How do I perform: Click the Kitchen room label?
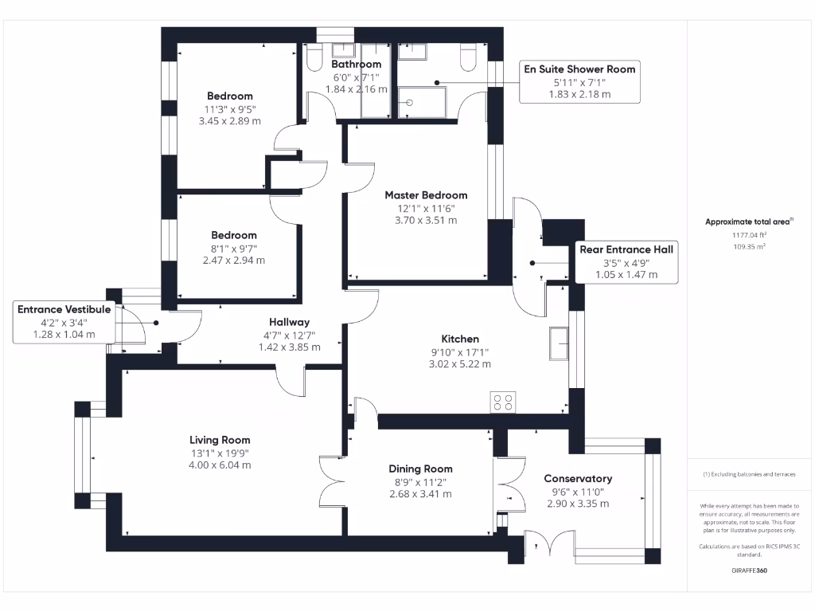[460, 339]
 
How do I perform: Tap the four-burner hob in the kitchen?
[502, 402]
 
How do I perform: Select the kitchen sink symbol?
[557, 343]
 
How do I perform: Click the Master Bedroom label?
[426, 194]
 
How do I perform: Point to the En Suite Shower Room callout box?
[579, 81]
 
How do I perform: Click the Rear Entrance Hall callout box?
[626, 261]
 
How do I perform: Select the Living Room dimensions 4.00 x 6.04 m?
[220, 465]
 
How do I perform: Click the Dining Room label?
[420, 469]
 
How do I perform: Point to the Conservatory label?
[578, 478]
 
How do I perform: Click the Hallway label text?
[289, 322]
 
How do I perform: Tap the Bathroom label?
[356, 64]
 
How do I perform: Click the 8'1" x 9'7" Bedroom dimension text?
[233, 248]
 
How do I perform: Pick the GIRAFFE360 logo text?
[748, 571]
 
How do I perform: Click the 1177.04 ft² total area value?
[749, 235]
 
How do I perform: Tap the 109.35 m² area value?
[749, 247]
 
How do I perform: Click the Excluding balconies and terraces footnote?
[749, 474]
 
